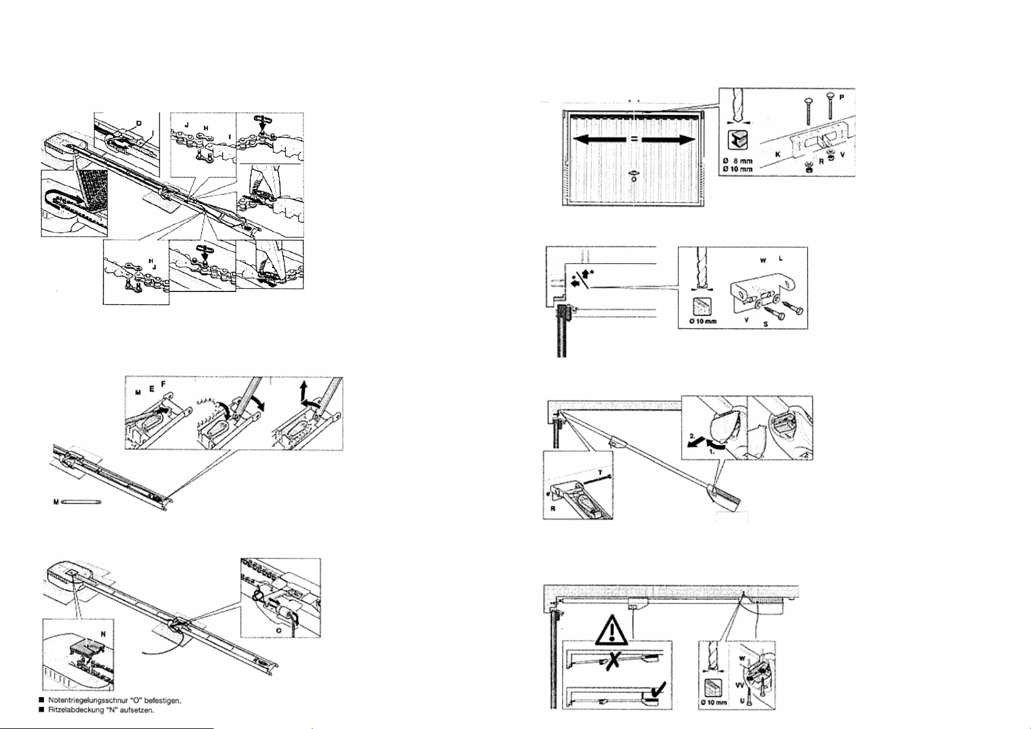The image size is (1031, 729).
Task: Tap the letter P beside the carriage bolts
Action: [x=844, y=97]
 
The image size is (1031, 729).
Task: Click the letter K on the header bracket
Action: [x=778, y=154]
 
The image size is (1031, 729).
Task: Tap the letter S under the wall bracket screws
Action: [x=765, y=324]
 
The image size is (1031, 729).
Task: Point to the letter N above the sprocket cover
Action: [x=103, y=634]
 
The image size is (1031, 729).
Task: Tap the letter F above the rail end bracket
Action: [x=163, y=384]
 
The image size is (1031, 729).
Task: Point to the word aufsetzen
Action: [x=147, y=711]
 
